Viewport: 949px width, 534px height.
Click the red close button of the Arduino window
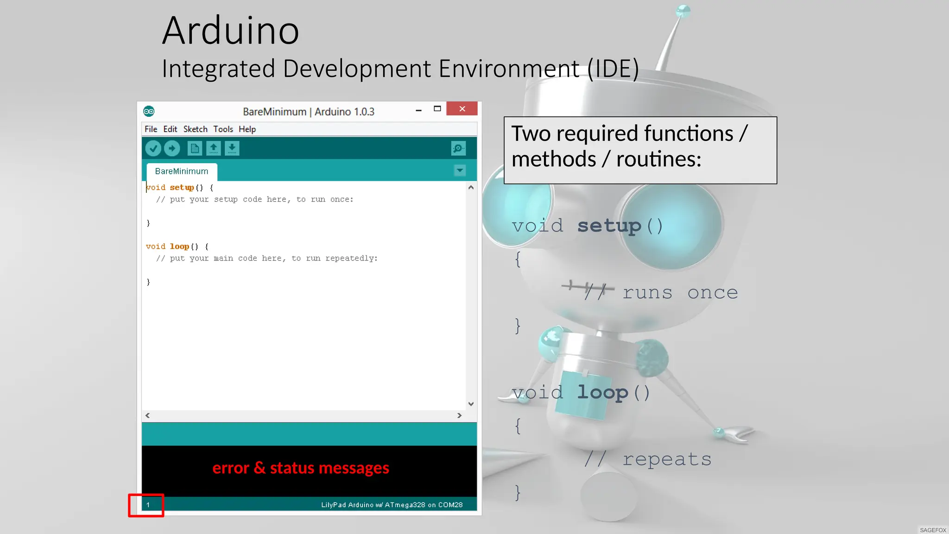point(462,109)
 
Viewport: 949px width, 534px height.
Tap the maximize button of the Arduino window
point(437,109)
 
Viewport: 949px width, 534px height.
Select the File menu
point(151,129)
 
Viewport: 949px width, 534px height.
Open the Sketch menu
point(195,129)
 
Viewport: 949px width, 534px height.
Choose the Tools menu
point(223,129)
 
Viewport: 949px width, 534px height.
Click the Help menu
point(247,129)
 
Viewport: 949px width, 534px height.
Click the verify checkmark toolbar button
point(153,148)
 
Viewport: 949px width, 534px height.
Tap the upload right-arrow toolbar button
point(172,148)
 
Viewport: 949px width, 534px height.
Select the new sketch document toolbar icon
point(195,148)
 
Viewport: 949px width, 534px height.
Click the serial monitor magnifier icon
point(458,148)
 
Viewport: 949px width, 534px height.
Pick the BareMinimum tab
point(182,172)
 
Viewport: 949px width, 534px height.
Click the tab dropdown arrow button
point(460,171)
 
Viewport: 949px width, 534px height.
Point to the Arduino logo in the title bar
point(149,111)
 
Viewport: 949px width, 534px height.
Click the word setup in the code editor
point(182,188)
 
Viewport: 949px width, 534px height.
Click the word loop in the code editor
point(179,247)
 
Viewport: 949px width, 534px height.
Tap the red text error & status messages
point(301,468)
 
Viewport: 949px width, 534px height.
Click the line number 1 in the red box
point(148,505)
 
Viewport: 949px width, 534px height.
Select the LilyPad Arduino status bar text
point(392,505)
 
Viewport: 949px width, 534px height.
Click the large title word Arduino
point(231,31)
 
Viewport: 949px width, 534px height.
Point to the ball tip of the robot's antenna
point(683,11)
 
